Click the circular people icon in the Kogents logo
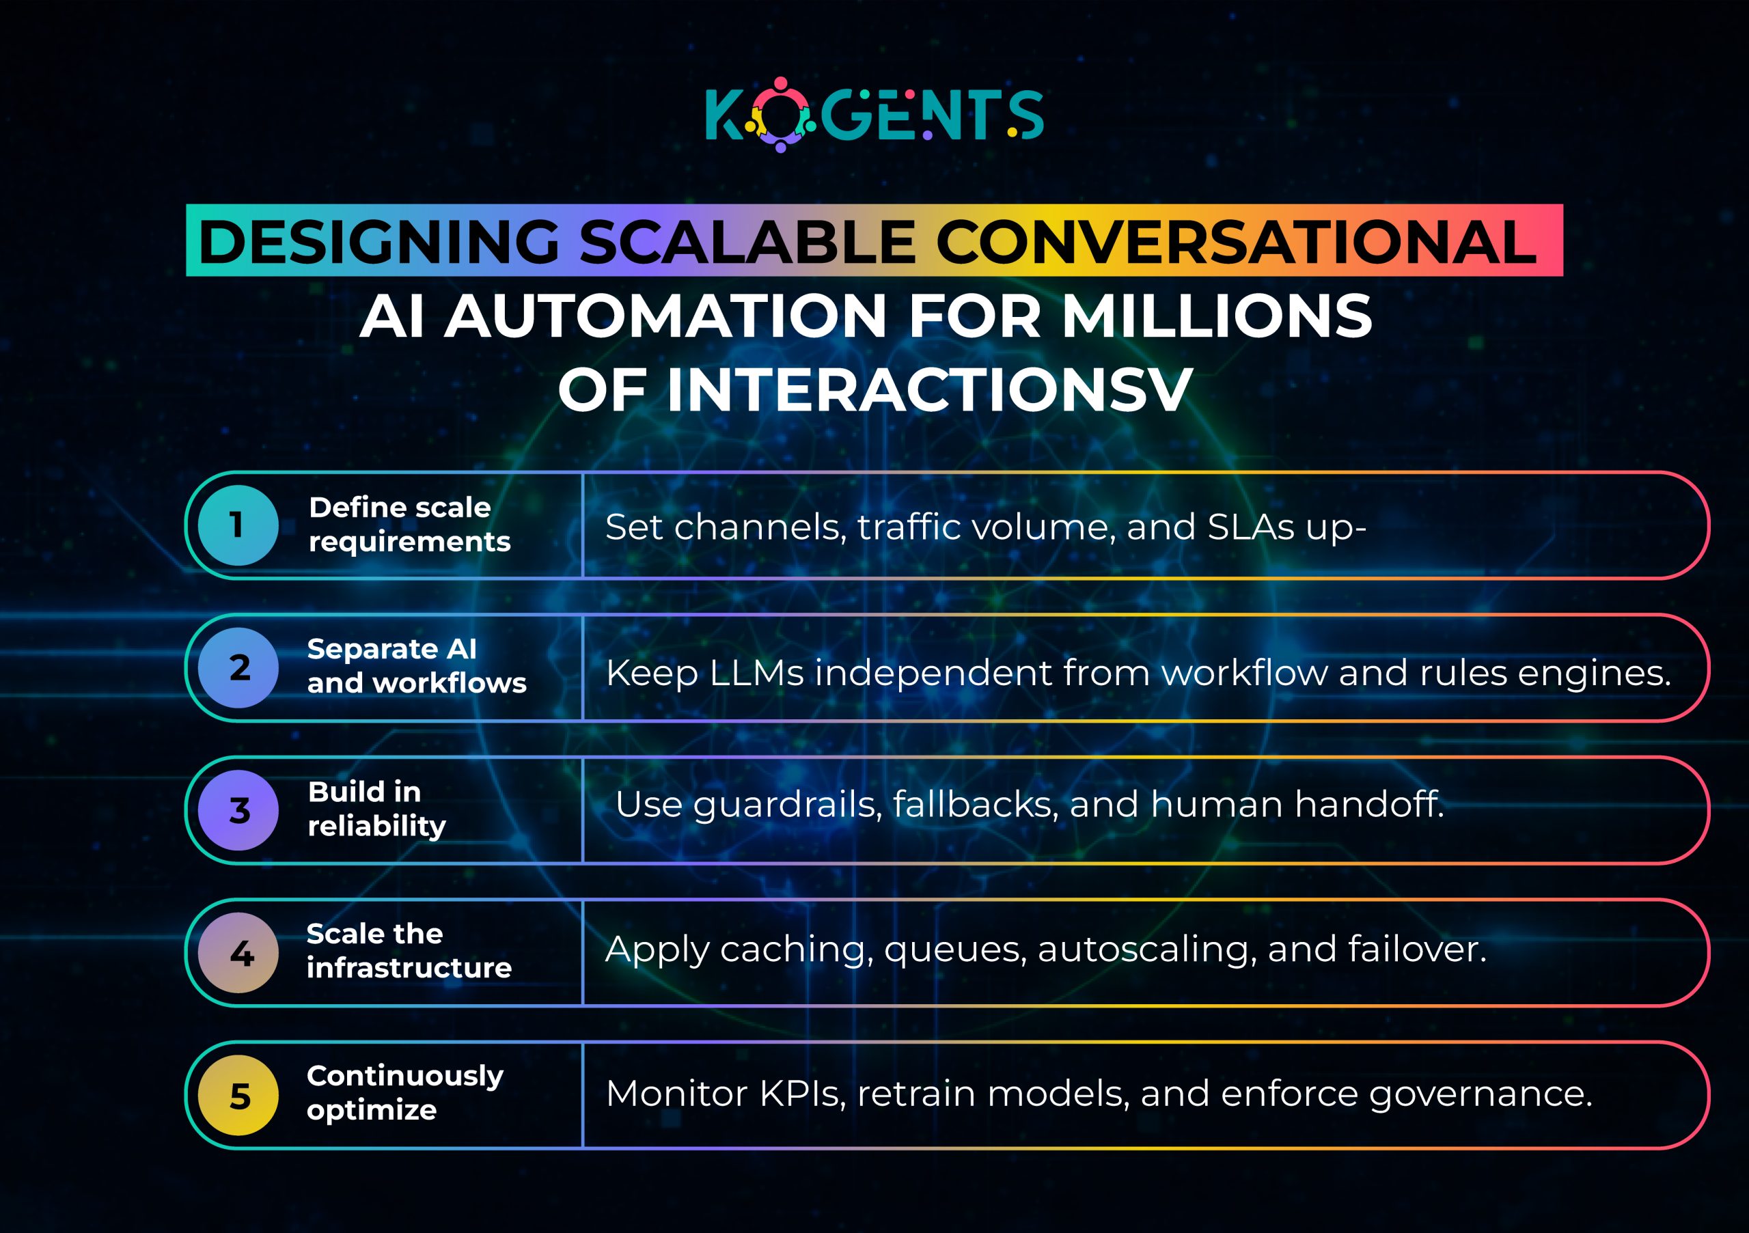780,115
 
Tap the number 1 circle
238,525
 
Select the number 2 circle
238,667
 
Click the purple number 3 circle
238,809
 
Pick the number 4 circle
238,952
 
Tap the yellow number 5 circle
238,1095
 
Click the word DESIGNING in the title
378,243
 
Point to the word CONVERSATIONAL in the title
1236,243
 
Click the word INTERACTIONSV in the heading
929,389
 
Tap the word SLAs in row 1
1251,527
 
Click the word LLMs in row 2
756,674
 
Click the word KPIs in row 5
802,1094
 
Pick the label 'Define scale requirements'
409,524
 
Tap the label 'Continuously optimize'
404,1093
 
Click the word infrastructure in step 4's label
409,968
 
